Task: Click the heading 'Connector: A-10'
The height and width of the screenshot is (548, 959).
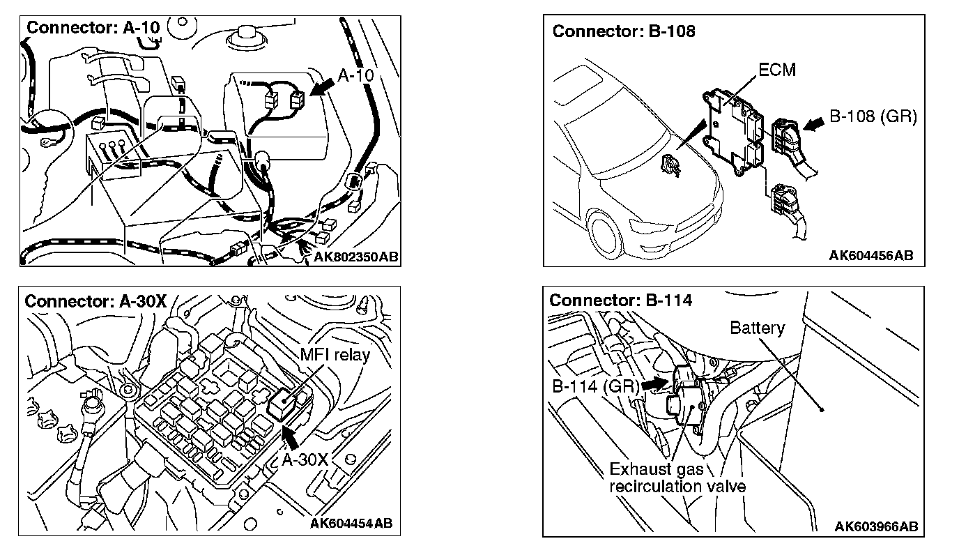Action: [x=93, y=28]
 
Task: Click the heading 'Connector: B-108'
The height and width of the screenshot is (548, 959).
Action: [x=624, y=31]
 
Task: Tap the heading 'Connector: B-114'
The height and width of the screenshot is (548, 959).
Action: [x=620, y=300]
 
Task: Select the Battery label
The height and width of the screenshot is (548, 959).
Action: [x=757, y=328]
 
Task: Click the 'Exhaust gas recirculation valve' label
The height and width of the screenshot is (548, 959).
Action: [x=677, y=478]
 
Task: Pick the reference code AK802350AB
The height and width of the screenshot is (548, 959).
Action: [x=355, y=257]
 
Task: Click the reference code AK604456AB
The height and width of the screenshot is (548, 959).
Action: [x=870, y=255]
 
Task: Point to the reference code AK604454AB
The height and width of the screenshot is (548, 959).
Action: [x=351, y=524]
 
